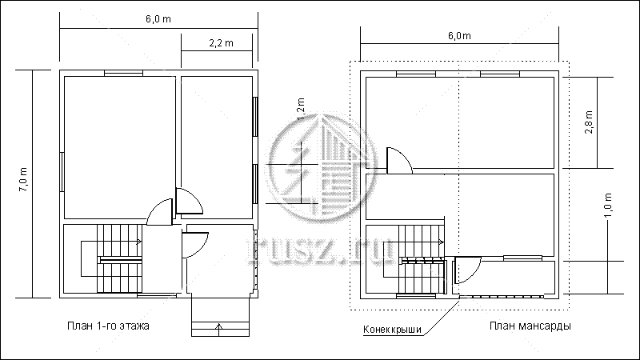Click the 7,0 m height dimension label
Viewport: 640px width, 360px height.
(23, 179)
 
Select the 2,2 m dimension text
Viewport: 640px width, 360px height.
(222, 43)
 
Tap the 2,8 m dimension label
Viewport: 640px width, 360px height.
(589, 122)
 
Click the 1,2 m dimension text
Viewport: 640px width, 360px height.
(301, 109)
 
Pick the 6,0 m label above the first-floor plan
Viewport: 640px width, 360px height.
(158, 18)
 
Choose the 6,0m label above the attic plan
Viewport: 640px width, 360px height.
(459, 35)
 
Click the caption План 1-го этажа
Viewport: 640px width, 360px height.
(108, 326)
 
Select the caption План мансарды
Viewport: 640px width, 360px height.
(530, 326)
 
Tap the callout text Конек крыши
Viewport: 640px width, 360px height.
(392, 330)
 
